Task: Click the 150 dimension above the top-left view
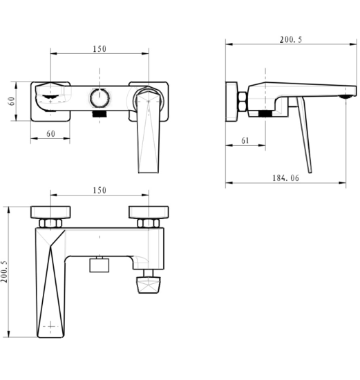pos(100,49)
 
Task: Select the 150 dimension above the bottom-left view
pos(100,190)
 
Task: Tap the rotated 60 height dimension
pos(11,101)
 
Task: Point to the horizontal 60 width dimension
pos(50,133)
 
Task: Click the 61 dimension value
pos(245,140)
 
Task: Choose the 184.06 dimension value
pos(286,178)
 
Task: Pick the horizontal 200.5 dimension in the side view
pos(291,40)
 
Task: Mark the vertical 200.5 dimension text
pos(4,272)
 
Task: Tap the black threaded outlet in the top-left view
pos(100,114)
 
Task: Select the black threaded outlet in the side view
pos(265,114)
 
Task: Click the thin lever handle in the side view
pos(305,135)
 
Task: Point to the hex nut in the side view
pos(243,102)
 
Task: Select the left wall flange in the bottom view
pos(50,212)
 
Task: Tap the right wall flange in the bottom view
pos(149,212)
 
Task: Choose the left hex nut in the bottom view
pos(50,223)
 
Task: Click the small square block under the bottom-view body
pos(99,265)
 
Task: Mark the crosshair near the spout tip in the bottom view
pos(50,326)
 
